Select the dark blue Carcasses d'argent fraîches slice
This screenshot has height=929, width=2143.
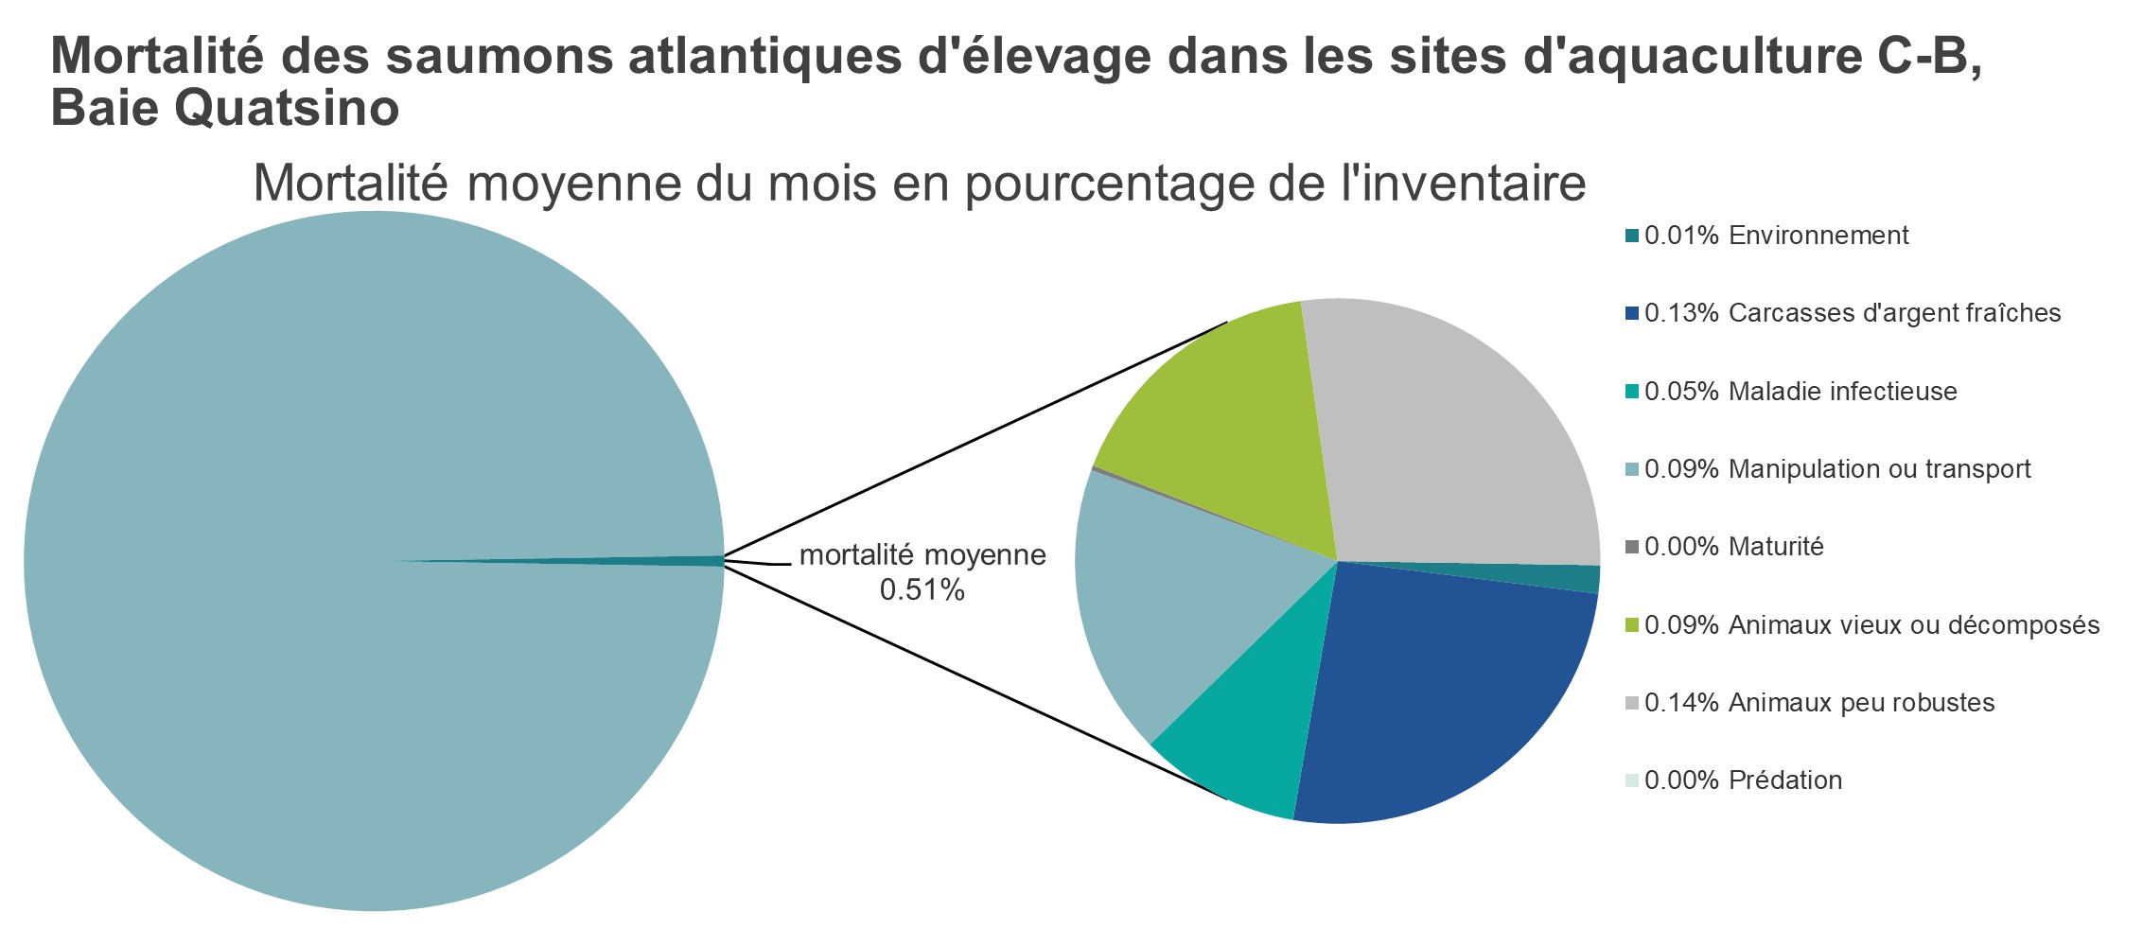coord(1438,700)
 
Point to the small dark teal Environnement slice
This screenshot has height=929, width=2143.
coord(1571,578)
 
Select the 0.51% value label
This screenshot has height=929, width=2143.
coord(922,591)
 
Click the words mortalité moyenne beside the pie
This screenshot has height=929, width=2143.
coord(922,555)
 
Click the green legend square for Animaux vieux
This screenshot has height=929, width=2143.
coord(1631,625)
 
